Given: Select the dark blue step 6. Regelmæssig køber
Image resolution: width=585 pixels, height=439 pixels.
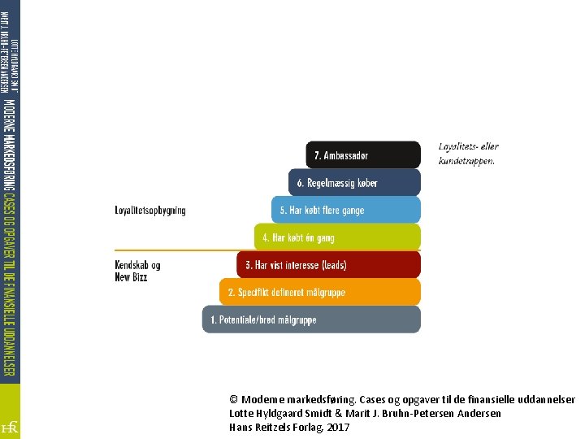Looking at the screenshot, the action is point(355,182).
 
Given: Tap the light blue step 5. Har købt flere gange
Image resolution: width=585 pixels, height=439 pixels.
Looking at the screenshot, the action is point(346,210).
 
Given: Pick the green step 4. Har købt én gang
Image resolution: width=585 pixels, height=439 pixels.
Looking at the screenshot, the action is point(337,237).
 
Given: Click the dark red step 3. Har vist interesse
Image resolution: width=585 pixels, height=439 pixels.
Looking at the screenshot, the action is point(328,265).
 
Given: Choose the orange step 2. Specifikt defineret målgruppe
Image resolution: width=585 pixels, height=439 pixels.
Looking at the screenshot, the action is point(320,292).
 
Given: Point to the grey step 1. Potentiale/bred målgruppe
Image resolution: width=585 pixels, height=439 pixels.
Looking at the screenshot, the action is point(311,319).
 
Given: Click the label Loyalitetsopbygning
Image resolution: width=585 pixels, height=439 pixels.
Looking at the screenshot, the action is point(150,211).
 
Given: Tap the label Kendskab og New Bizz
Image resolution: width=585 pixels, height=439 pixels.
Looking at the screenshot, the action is point(137,271).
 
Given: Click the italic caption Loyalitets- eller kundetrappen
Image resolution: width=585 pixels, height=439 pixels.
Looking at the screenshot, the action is point(468,154).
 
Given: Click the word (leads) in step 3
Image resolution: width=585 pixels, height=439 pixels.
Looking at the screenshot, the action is point(334,266).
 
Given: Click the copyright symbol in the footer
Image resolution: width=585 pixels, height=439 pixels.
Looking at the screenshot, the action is point(234,400).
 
